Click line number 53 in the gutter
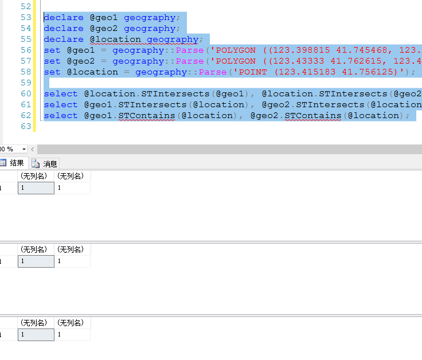tap(26, 18)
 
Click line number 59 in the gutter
tap(26, 83)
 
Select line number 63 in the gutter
tap(26, 126)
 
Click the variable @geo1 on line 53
tap(104, 18)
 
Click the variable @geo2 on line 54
tap(104, 29)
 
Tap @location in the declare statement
tap(115, 40)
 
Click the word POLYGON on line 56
tap(236, 50)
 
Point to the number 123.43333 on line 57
tap(299, 61)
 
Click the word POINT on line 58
tap(253, 72)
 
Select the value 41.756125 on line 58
tap(368, 72)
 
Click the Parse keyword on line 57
tap(190, 61)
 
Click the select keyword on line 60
tap(61, 93)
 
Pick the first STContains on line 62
tap(147, 115)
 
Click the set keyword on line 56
tap(52, 50)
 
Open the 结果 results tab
tap(13, 163)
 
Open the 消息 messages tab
tap(44, 163)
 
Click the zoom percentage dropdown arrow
tap(24, 149)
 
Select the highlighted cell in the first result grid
tap(36, 188)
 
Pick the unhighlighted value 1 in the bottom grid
tap(59, 334)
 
